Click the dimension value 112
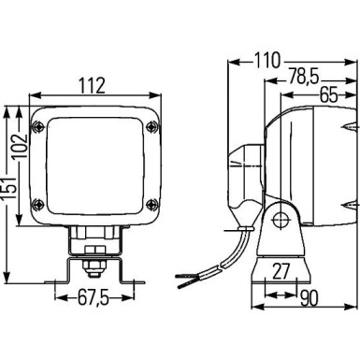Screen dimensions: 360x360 (92, 84)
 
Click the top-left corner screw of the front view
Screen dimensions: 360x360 (38, 126)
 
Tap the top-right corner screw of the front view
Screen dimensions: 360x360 (146, 126)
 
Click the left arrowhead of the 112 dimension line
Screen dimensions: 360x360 (35, 95)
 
